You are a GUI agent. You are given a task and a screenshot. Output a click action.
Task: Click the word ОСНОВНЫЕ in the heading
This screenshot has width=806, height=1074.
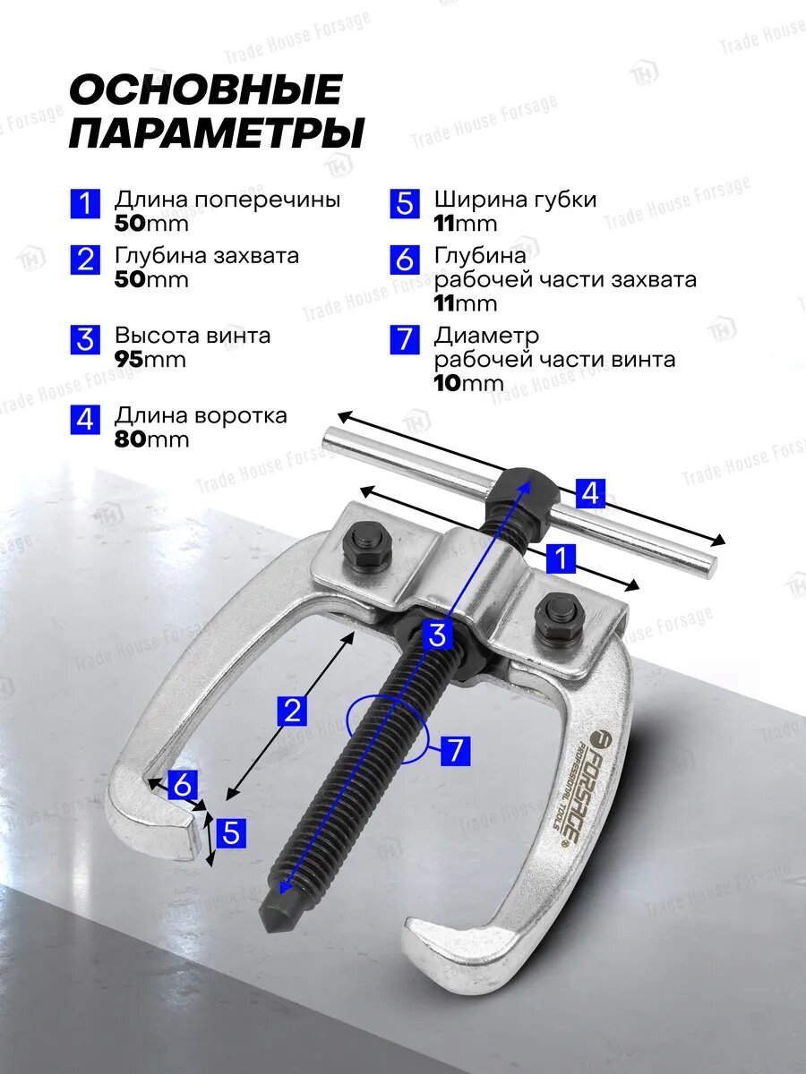(206, 89)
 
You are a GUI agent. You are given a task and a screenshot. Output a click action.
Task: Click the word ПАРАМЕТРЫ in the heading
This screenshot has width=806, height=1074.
(217, 132)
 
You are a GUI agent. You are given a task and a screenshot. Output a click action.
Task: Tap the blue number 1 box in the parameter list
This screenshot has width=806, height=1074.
(85, 203)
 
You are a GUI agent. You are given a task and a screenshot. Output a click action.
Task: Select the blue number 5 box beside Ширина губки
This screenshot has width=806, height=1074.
(405, 203)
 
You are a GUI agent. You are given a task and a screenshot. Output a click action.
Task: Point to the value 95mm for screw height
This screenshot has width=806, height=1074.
(150, 360)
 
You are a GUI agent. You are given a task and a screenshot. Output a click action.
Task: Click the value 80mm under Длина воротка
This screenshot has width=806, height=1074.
(151, 439)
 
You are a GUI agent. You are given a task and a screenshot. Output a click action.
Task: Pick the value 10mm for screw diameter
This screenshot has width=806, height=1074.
(468, 383)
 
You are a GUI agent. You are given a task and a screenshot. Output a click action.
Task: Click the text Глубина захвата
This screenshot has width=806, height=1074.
(207, 255)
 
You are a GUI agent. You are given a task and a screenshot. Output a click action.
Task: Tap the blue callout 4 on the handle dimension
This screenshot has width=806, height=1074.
(590, 493)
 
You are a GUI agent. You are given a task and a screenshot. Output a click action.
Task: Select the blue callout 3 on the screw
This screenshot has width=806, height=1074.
(437, 635)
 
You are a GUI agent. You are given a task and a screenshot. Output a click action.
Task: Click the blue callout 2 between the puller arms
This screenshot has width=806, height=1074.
(292, 711)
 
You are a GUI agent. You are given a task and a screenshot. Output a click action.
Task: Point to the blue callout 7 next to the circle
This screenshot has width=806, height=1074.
(456, 751)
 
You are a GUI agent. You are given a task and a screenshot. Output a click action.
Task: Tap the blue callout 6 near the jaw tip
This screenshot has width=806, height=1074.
(183, 785)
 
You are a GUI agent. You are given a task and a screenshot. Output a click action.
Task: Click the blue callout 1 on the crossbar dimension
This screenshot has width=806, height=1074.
(561, 558)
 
